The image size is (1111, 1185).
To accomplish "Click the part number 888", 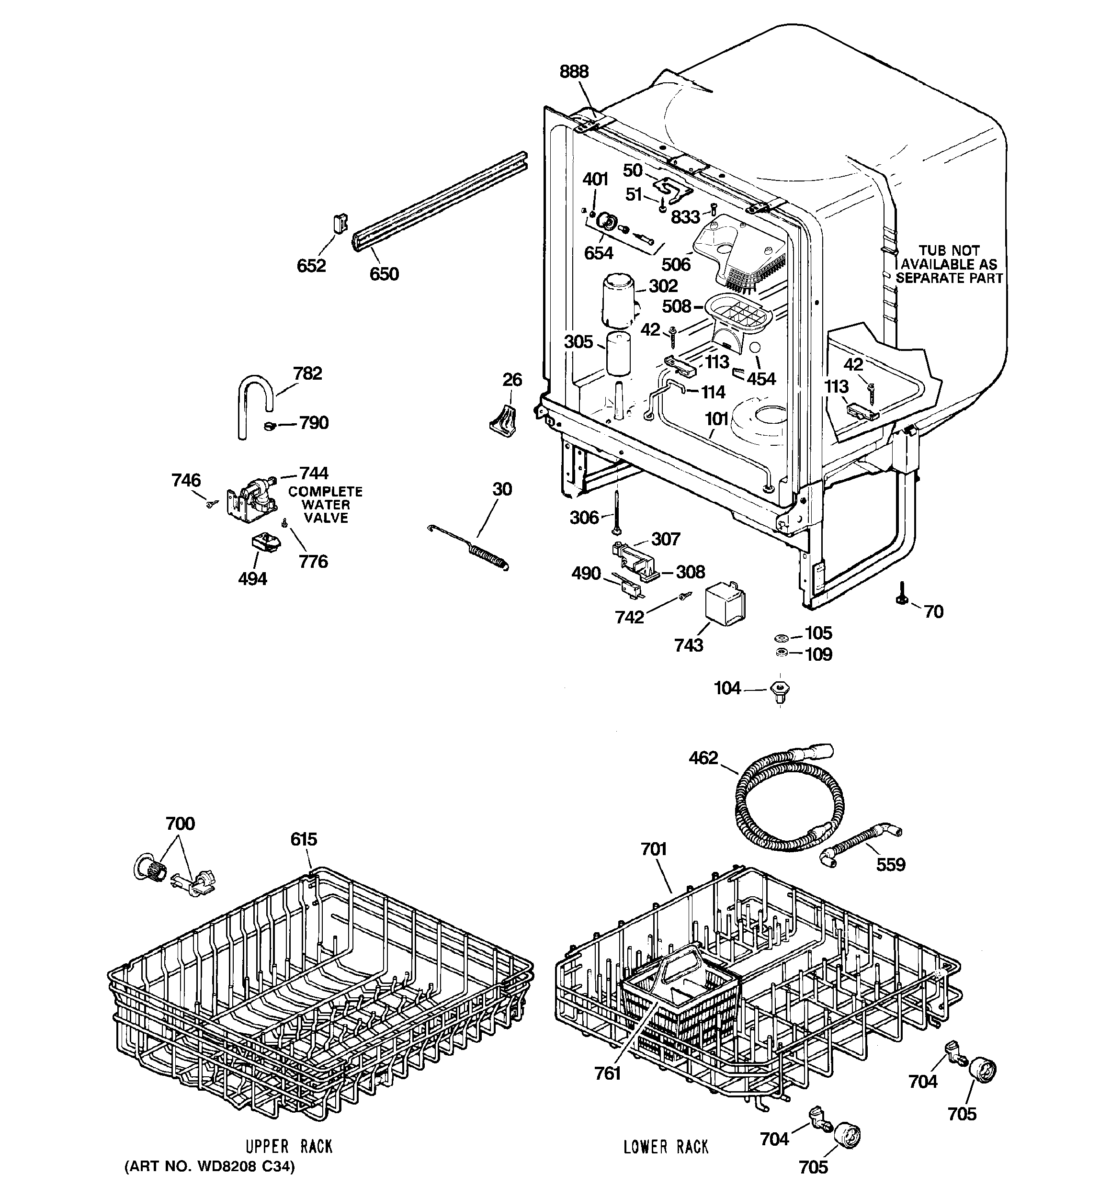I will pyautogui.click(x=574, y=71).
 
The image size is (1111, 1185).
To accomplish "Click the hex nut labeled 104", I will pyautogui.click(x=780, y=691).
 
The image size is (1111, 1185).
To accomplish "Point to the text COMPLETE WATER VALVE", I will pyautogui.click(x=326, y=504).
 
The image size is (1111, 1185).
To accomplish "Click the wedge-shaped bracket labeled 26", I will pyautogui.click(x=503, y=421).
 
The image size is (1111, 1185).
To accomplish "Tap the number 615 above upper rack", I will pyautogui.click(x=304, y=839).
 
